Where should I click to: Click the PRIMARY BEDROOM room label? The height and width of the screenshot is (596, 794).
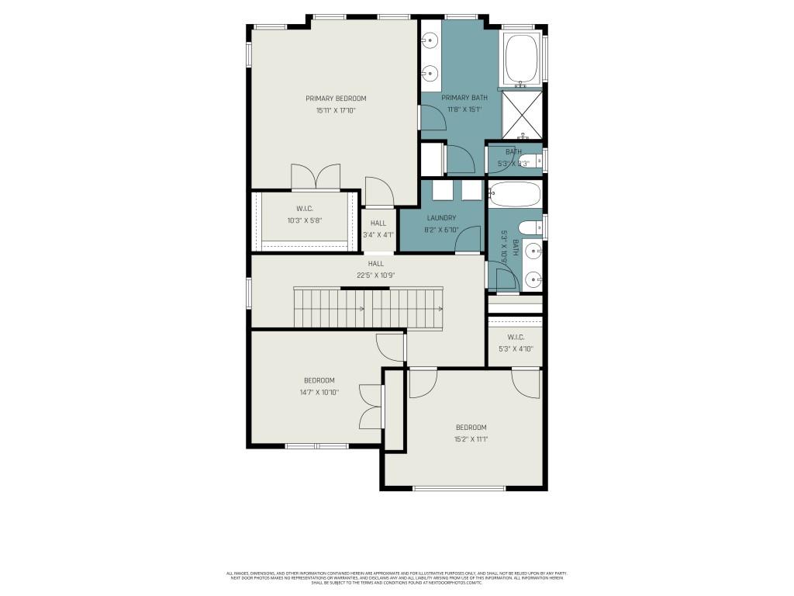(x=335, y=99)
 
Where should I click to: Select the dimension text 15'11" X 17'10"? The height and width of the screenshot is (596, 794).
(x=335, y=111)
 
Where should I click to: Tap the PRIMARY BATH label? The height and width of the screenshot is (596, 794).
(x=464, y=98)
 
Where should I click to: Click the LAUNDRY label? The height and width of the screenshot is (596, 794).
(x=441, y=218)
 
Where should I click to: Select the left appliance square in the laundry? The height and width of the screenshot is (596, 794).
(x=442, y=190)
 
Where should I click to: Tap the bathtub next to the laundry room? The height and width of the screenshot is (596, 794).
(x=514, y=194)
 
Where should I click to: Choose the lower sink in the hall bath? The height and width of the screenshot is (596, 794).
(x=532, y=279)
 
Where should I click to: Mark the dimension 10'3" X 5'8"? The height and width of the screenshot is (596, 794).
(x=304, y=220)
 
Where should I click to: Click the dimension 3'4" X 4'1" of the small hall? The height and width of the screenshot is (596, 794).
(x=378, y=234)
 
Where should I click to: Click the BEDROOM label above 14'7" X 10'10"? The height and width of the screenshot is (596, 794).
(x=319, y=380)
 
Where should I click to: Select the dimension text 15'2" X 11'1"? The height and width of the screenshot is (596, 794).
(x=471, y=439)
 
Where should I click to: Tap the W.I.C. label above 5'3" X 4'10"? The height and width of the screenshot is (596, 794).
(x=516, y=337)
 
